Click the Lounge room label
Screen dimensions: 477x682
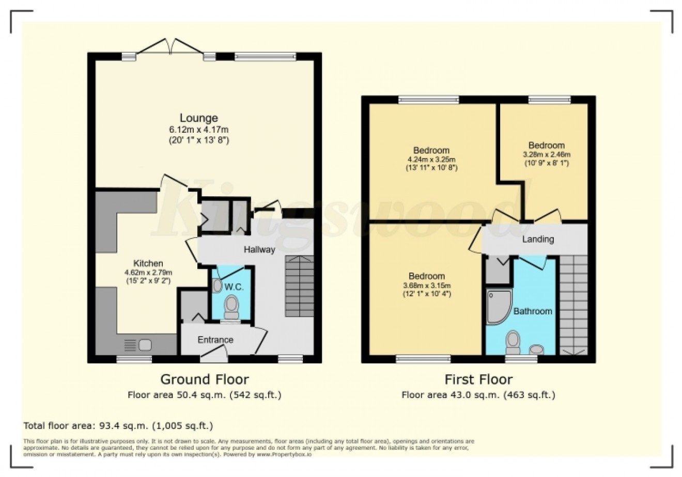(198, 118)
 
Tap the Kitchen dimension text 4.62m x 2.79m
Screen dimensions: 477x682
(148, 273)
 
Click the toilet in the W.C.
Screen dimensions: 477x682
(231, 308)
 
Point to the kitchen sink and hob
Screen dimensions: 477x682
(137, 344)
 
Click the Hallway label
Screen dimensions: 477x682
(259, 250)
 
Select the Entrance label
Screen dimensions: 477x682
(215, 340)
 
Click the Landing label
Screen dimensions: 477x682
(538, 240)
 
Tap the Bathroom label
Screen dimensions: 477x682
(532, 311)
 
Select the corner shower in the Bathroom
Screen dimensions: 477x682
(498, 306)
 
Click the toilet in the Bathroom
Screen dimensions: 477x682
(513, 340)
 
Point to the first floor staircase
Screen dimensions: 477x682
(574, 305)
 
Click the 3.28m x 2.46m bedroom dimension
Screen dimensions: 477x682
(546, 154)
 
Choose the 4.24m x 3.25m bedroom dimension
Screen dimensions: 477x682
(431, 160)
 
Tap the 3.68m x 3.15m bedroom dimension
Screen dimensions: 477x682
(427, 285)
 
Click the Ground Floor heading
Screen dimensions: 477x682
(205, 379)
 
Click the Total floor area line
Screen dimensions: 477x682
(118, 426)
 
